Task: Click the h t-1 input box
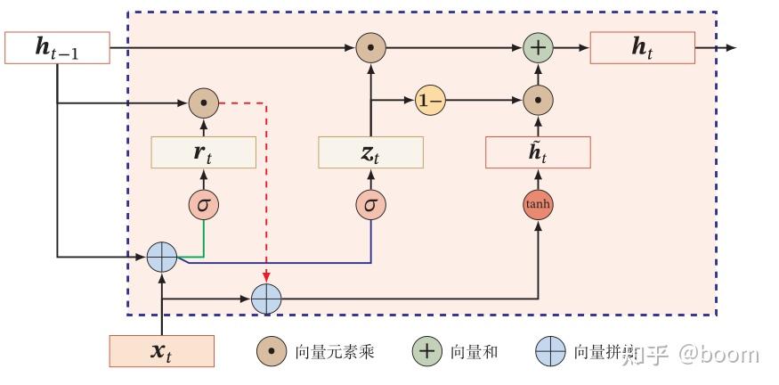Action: pyautogui.click(x=57, y=48)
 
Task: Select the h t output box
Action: pyautogui.click(x=642, y=48)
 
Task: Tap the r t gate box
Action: pyautogui.click(x=204, y=152)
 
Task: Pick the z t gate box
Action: pyautogui.click(x=370, y=152)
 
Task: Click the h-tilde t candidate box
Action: pyautogui.click(x=538, y=152)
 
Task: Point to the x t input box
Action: pyautogui.click(x=161, y=351)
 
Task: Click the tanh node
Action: pyautogui.click(x=538, y=205)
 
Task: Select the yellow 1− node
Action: pyautogui.click(x=430, y=102)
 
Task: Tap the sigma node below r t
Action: pyautogui.click(x=204, y=205)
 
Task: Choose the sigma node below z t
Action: pyautogui.click(x=370, y=205)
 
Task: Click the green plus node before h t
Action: pyautogui.click(x=538, y=47)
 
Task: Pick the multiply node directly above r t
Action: pyautogui.click(x=204, y=103)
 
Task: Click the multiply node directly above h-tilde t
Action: pyautogui.click(x=538, y=102)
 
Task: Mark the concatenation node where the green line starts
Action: pyautogui.click(x=162, y=257)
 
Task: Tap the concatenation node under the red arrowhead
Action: pyautogui.click(x=266, y=299)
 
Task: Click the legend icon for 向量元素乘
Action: pyautogui.click(x=271, y=352)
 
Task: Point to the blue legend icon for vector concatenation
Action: pyautogui.click(x=550, y=352)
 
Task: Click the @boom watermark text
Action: pyautogui.click(x=718, y=354)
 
